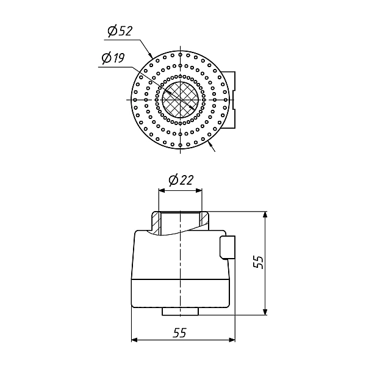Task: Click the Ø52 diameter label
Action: click(120, 31)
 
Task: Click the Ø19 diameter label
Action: click(113, 58)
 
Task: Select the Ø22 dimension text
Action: click(181, 180)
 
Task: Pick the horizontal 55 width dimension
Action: click(180, 332)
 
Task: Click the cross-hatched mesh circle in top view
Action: click(180, 99)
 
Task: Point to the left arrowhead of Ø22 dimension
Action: click(162, 191)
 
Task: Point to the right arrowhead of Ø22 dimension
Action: click(199, 191)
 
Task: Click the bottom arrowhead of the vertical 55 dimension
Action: click(265, 312)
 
